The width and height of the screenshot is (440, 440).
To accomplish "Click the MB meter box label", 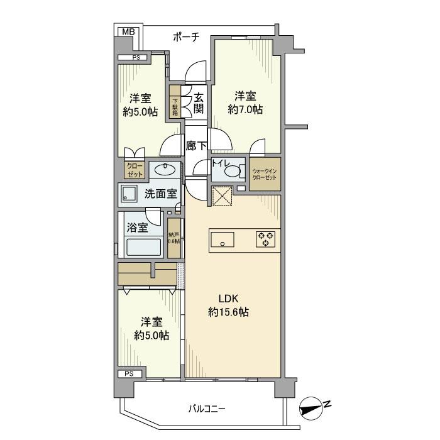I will [128, 31].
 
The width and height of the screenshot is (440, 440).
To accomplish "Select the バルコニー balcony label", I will [207, 409].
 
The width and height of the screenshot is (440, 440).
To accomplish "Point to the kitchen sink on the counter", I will [223, 239].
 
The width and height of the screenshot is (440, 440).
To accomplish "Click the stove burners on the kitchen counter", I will [265, 239].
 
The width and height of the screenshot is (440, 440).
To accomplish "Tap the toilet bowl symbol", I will [232, 171].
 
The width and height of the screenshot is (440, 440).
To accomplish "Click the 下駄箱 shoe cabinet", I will [175, 106].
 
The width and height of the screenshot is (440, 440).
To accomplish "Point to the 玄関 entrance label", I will [198, 104].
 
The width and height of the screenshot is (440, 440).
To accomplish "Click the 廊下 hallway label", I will [196, 146].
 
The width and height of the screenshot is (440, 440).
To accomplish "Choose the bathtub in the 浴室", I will [144, 246].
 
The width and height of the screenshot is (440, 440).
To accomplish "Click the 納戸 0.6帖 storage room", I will [174, 236].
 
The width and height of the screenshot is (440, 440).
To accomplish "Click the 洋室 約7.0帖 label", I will [245, 102].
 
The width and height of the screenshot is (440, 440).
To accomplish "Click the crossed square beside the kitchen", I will [221, 196].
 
